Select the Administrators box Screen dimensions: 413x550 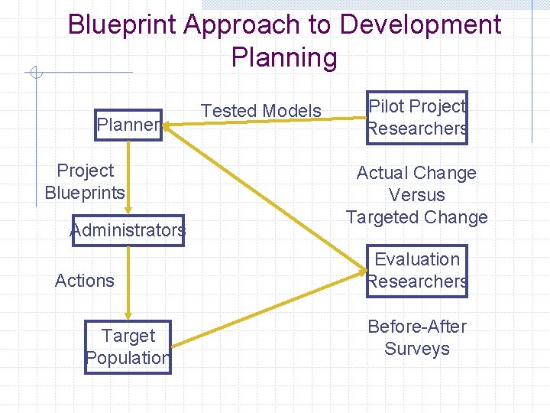(128, 230)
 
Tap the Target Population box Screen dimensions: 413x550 (128, 346)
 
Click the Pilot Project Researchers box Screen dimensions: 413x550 (417, 118)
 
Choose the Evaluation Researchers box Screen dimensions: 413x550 (417, 271)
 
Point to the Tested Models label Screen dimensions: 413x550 (260, 111)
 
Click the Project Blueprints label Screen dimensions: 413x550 (85, 181)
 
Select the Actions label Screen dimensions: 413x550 (85, 281)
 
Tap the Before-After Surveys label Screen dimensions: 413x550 (417, 337)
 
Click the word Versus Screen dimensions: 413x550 (417, 195)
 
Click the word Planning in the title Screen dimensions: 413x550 (283, 58)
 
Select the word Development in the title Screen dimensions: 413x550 (420, 25)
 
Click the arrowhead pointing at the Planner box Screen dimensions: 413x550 (169, 131)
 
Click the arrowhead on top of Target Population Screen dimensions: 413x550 (128, 314)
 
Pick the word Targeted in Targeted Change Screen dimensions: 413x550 (383, 217)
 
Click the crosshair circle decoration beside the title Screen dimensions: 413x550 (35, 73)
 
